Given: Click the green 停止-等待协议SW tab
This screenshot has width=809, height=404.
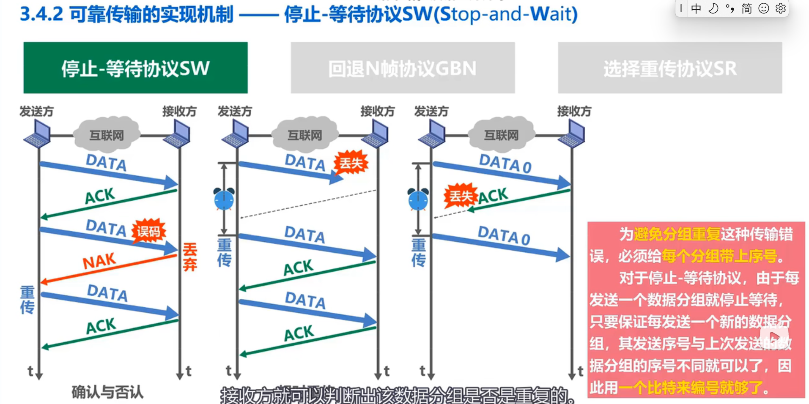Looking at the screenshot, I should (x=135, y=68).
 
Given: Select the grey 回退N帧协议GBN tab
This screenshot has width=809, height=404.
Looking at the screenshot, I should (x=403, y=68).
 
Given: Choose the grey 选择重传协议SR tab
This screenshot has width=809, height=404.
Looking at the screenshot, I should (x=670, y=68).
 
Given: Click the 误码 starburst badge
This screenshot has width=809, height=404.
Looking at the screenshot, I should (x=148, y=231).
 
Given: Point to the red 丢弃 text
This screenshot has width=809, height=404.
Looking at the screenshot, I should (x=190, y=257).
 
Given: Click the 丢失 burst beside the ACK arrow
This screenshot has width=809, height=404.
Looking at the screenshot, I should (x=460, y=196).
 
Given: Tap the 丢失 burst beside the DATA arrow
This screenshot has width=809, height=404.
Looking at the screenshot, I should (x=351, y=163).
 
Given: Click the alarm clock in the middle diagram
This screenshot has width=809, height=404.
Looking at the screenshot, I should (x=224, y=199).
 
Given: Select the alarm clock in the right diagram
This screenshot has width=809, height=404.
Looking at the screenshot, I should (x=418, y=199).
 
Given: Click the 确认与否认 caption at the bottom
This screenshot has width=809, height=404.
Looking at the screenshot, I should (x=107, y=392).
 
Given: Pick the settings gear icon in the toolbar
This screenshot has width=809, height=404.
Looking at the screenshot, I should (x=781, y=8).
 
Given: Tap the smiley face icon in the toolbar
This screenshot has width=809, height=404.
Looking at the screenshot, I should (x=764, y=8).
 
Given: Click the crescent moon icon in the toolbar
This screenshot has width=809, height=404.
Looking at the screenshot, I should (x=713, y=8).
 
